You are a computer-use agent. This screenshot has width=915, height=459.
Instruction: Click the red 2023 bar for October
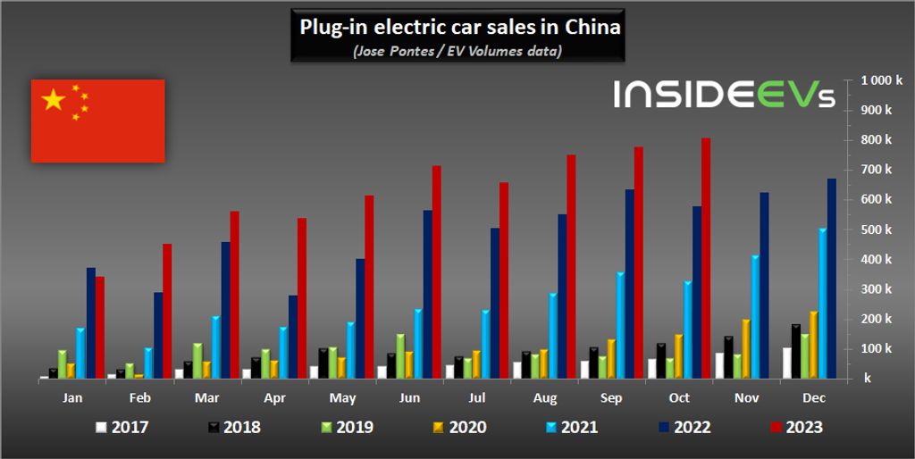coord(706,259)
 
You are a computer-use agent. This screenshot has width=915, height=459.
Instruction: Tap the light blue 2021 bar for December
coord(822,304)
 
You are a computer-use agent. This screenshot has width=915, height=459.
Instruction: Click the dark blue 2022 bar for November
coord(764,286)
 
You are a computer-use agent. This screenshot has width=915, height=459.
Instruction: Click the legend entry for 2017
coord(122,427)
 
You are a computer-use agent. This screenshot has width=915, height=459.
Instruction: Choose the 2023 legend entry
coord(794,427)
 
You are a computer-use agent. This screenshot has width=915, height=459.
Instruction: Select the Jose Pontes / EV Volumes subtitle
coord(457,51)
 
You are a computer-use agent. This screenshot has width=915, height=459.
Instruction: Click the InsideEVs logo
coord(724,95)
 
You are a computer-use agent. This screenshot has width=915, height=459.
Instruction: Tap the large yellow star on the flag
coord(55,101)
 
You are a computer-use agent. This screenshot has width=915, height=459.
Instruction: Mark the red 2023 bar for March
coord(235,295)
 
